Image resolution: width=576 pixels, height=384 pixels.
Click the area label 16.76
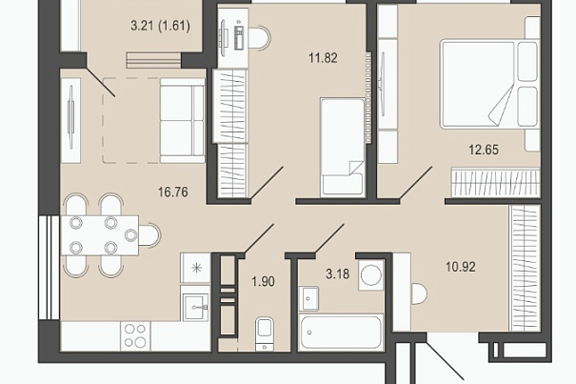click(x=173, y=192)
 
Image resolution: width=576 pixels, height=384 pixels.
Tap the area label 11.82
click(x=323, y=58)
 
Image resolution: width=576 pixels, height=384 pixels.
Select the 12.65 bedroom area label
click(x=484, y=150)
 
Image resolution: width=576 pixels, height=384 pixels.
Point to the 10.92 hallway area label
click(x=461, y=267)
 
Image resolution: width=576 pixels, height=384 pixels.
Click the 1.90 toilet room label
click(x=263, y=282)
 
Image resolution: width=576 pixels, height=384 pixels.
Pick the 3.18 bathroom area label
click(x=338, y=274)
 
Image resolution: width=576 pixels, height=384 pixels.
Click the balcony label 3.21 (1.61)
click(x=160, y=26)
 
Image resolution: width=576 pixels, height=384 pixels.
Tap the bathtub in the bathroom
click(x=341, y=333)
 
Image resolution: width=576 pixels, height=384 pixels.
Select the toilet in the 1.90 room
click(x=264, y=333)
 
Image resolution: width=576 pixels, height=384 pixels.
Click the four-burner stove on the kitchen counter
click(x=135, y=335)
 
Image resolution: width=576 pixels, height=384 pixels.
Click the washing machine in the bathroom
click(x=371, y=274)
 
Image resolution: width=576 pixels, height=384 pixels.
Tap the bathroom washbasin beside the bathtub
click(x=308, y=298)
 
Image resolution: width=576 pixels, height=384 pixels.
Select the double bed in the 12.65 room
click(x=490, y=84)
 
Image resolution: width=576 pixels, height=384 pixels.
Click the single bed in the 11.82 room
click(x=343, y=147)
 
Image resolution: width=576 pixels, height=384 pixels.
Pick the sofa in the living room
click(x=182, y=120)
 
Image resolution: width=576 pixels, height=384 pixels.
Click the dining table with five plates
click(x=100, y=235)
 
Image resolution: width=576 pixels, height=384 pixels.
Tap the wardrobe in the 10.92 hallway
click(x=525, y=268)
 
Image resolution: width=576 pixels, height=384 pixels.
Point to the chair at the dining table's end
click(x=149, y=234)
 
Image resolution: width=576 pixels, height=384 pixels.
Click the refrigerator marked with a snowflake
click(x=195, y=268)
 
